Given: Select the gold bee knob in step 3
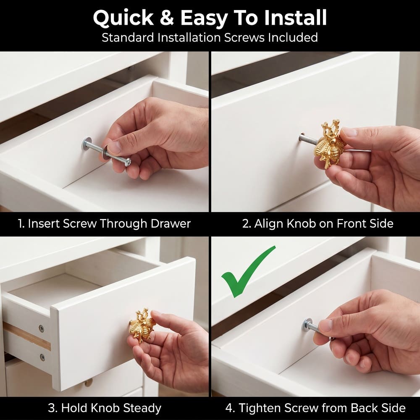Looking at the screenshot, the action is (142, 326).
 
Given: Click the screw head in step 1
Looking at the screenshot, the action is (128, 162).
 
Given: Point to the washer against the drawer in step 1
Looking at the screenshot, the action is (87, 144).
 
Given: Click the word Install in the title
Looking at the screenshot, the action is (295, 18).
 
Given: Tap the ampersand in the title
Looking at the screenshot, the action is (167, 18).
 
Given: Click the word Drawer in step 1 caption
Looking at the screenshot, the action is (171, 224).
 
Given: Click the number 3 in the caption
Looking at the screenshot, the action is (51, 408).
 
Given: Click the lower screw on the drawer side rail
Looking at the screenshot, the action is (42, 357).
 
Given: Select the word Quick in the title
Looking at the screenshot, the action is (123, 18).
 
